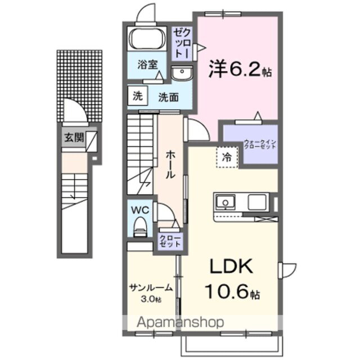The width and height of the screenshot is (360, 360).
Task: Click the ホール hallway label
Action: pos(170,163)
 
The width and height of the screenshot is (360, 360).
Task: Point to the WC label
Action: pos(139,210)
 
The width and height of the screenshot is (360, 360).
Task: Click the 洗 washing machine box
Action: pos(138,96)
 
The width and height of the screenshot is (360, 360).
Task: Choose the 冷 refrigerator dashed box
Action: pos(226,158)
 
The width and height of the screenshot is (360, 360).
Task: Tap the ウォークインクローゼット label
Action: pos(260,142)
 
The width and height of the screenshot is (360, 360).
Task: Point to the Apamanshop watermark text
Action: pos(174,322)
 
